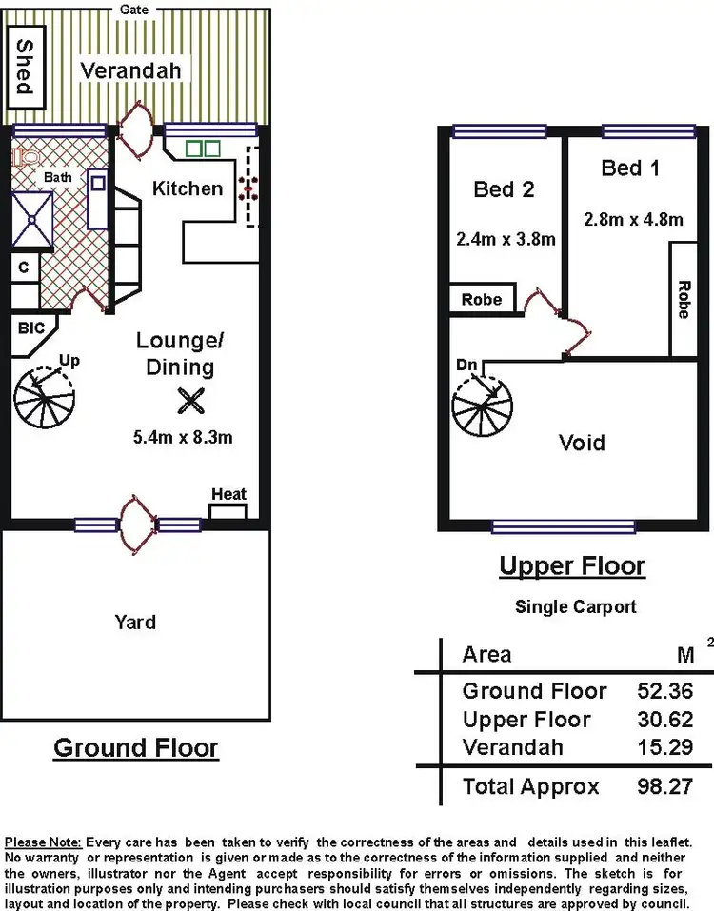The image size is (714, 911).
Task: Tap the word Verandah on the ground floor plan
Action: (x=130, y=70)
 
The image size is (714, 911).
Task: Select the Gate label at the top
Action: (x=133, y=9)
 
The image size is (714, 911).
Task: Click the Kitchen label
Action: (x=188, y=188)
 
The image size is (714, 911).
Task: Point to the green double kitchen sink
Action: (x=202, y=149)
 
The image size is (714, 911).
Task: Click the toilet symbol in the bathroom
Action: (x=24, y=155)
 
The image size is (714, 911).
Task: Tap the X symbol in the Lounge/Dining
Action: (x=190, y=402)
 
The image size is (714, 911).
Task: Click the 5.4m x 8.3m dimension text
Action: (x=184, y=438)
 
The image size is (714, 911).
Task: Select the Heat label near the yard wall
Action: (x=228, y=494)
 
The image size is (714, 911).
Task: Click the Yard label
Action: (x=135, y=622)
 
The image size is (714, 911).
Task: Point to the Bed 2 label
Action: (x=504, y=189)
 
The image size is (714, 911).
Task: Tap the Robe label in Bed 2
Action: (x=481, y=299)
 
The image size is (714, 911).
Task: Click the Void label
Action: (x=581, y=443)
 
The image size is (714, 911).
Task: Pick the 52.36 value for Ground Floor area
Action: (x=664, y=691)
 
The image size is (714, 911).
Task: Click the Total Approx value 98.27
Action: (x=664, y=786)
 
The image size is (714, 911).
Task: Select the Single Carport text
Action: (x=575, y=606)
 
